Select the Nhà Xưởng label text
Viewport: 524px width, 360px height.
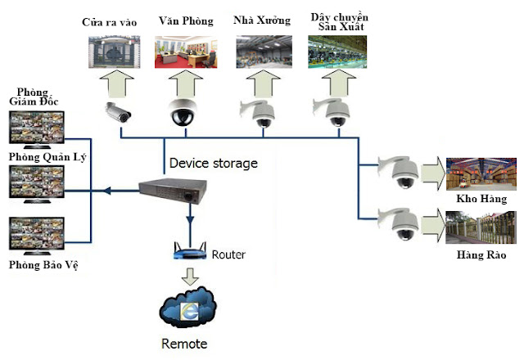tap(262, 20)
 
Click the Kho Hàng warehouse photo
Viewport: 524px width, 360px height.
tap(481, 172)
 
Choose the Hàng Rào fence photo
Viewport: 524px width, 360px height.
tap(481, 227)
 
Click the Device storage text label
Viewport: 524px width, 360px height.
tap(213, 163)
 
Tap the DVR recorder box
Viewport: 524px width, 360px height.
tap(169, 191)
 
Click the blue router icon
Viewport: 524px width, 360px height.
tap(189, 251)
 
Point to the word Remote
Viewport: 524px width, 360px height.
tap(183, 344)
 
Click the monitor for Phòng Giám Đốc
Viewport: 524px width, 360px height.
tap(34, 130)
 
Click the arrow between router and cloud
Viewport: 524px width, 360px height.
tap(189, 275)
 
